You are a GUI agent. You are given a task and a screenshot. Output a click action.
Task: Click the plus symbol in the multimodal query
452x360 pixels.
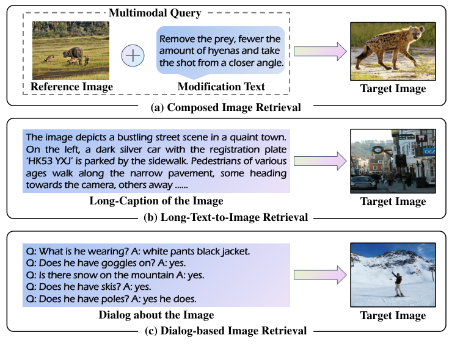[133, 56]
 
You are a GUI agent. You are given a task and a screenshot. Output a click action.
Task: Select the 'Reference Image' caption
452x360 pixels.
[72, 87]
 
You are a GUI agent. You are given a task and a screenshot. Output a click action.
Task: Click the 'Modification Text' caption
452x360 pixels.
[221, 87]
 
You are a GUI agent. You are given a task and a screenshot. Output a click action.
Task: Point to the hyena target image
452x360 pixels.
[392, 51]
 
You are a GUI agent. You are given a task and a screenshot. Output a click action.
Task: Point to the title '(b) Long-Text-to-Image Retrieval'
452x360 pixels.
[225, 217]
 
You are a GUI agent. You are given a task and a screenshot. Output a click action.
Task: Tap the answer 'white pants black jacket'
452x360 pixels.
[197, 251]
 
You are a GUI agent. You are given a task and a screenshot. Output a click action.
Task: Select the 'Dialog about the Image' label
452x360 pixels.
[156, 315]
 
